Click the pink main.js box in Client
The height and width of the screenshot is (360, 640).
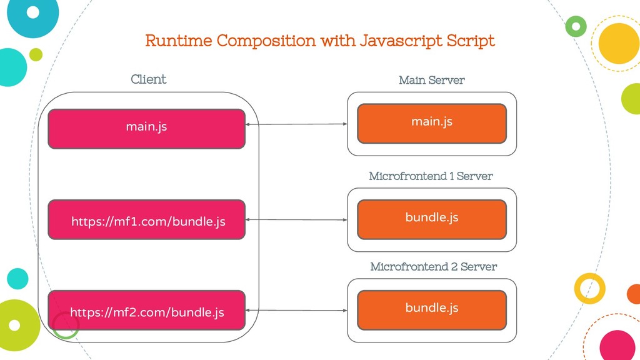click(x=146, y=129)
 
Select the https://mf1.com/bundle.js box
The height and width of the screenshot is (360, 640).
click(x=146, y=219)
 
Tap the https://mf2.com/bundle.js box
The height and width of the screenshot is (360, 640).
click(x=146, y=310)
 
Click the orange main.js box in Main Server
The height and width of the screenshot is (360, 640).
click(x=432, y=124)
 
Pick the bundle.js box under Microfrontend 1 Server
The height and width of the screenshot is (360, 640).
click(x=432, y=219)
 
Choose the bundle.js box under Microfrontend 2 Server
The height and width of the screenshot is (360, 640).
click(x=432, y=310)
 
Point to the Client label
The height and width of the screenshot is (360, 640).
click(x=149, y=79)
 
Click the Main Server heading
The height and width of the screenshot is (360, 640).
click(x=432, y=80)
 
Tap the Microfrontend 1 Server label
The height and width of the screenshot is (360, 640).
click(x=431, y=176)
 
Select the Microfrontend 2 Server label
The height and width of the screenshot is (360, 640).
click(x=434, y=266)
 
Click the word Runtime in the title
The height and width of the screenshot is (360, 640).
click(x=179, y=41)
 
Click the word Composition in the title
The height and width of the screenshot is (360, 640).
click(x=266, y=41)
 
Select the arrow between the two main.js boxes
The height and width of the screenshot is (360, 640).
click(x=296, y=124)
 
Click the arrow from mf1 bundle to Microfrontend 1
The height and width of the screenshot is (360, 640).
click(x=296, y=219)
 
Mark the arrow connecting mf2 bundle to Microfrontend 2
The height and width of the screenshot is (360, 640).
click(x=296, y=310)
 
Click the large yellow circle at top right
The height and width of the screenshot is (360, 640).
click(x=619, y=43)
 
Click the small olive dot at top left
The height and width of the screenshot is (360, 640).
click(x=36, y=54)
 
